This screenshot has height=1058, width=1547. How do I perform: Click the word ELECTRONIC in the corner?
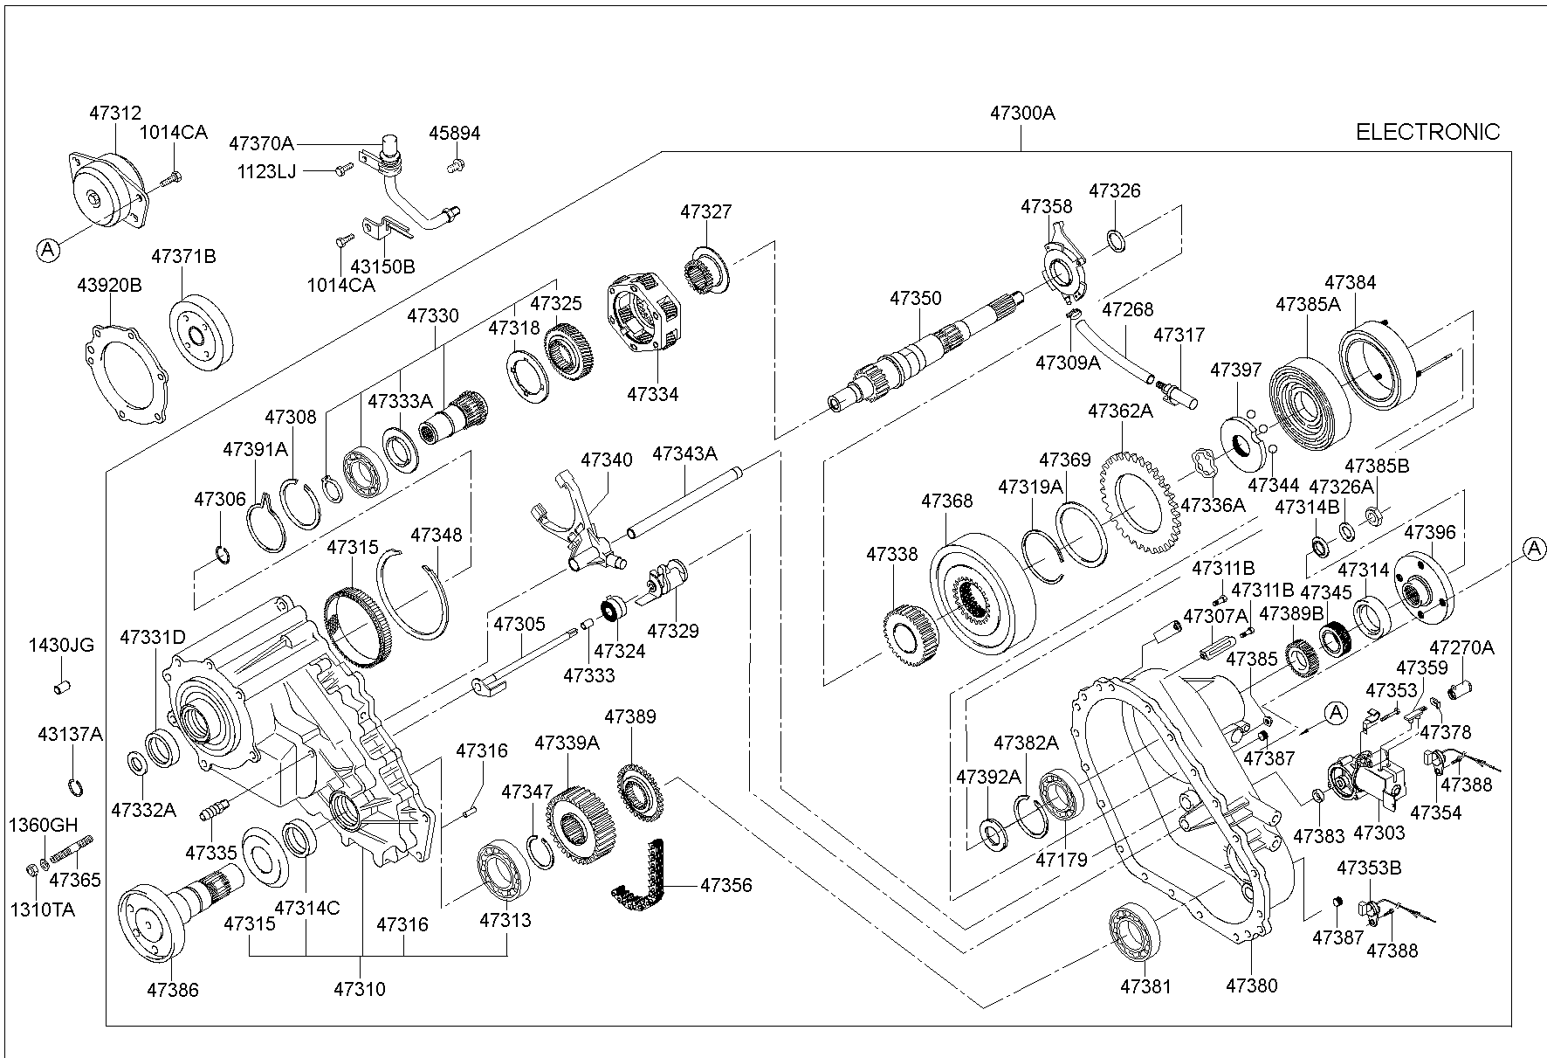[x=1427, y=132]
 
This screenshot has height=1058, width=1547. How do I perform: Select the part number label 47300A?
[x=1021, y=113]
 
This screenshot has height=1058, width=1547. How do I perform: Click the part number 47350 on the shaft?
[x=916, y=298]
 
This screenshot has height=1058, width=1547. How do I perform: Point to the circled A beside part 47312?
[x=48, y=250]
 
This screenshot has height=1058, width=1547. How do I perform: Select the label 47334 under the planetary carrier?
[x=652, y=394]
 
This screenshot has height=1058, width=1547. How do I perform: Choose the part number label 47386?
[x=172, y=990]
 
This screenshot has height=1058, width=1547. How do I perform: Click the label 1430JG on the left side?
[x=61, y=646]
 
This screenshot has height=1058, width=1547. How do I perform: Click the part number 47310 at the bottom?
[x=359, y=990]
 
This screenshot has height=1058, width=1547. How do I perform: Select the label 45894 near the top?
[x=454, y=134]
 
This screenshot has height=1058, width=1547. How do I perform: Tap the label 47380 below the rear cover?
[x=1251, y=986]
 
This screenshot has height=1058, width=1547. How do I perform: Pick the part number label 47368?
[x=946, y=501]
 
